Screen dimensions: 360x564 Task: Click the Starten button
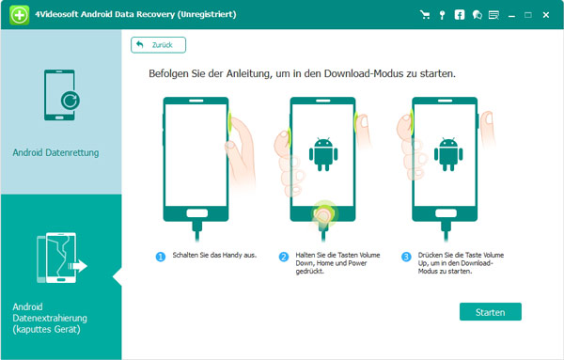pyautogui.click(x=491, y=311)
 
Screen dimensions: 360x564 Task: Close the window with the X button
pyautogui.click(x=546, y=14)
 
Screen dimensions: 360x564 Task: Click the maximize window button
pyautogui.click(x=527, y=14)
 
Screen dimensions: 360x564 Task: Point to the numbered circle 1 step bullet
pyautogui.click(x=161, y=257)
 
